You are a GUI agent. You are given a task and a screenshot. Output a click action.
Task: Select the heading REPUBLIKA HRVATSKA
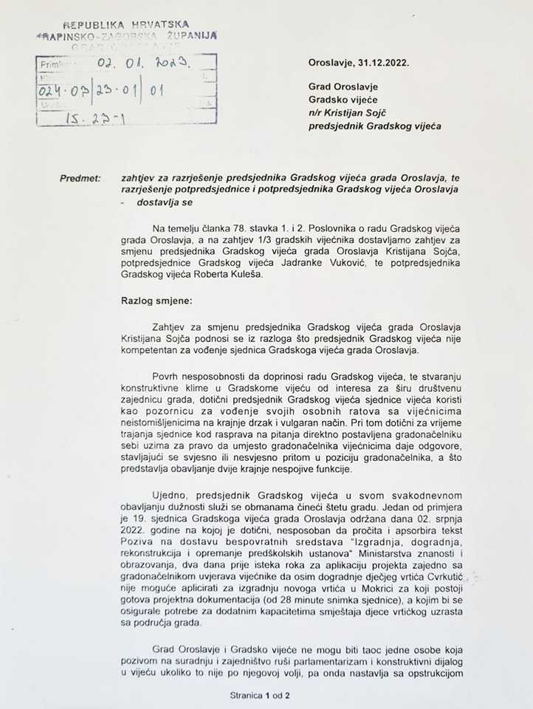[x=124, y=25]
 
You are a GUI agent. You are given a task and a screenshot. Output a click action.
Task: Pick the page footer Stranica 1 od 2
[x=261, y=695]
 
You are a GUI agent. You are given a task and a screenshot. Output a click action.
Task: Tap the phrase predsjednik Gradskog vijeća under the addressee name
[x=375, y=126]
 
